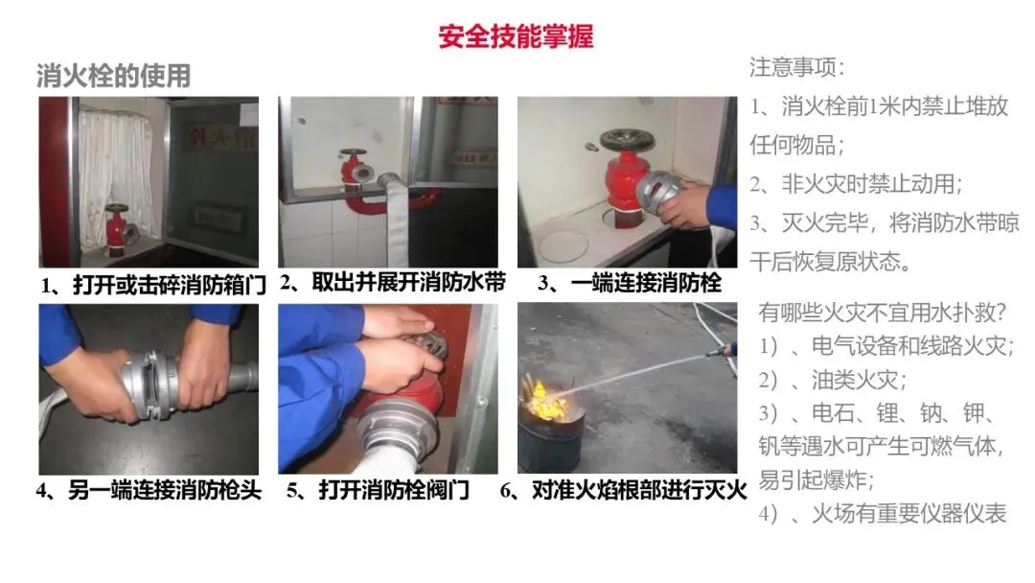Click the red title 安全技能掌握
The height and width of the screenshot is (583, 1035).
516,35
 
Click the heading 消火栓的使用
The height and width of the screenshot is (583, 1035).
113,76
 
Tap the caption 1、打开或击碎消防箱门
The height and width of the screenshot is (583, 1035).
153,285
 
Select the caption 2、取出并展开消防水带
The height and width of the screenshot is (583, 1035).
393,283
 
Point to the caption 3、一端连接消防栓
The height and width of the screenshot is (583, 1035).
629,283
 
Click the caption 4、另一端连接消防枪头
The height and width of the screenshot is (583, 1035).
149,491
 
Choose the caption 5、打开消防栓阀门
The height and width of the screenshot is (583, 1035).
378,491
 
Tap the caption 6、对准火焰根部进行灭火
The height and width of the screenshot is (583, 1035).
623,491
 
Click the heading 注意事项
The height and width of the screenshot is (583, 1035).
796,67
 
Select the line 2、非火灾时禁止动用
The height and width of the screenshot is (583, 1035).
856,183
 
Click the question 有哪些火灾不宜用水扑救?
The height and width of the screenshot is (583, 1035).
882,312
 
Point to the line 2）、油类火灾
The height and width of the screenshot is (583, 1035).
833,380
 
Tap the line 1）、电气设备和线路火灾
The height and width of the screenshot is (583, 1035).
886,345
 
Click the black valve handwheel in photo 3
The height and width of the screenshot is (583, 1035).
627,140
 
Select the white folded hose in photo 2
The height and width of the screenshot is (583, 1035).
390,217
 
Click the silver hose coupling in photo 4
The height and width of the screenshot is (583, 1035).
149,386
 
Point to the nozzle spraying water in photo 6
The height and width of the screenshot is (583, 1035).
723,351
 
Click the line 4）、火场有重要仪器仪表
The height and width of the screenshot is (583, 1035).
883,513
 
